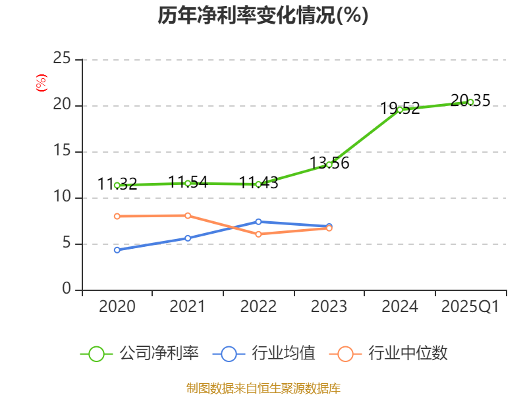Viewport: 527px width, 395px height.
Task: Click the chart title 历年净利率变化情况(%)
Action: tap(263, 16)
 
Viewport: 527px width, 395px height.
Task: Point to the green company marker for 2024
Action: tap(400, 109)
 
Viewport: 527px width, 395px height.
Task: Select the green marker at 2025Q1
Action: tap(470, 102)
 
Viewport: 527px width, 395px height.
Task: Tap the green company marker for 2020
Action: tap(117, 186)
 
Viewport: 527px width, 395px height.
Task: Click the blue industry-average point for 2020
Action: tap(117, 250)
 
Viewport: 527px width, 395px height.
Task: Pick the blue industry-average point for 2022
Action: tap(258, 222)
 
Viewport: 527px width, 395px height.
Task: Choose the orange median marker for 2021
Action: tap(188, 215)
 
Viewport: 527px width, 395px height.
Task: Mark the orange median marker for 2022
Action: tap(258, 234)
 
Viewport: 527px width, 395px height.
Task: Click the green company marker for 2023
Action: tap(329, 165)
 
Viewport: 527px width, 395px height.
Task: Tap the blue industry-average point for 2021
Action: tap(188, 238)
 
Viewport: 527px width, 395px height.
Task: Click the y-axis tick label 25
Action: tap(62, 59)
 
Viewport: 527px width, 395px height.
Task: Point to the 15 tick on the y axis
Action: tap(62, 151)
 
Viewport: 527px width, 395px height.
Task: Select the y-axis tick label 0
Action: tap(67, 290)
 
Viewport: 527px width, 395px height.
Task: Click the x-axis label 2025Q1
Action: tap(470, 307)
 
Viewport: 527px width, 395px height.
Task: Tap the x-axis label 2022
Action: tap(258, 307)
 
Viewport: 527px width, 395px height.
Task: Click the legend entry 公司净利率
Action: tap(158, 354)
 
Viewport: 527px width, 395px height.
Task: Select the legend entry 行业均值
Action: tap(283, 354)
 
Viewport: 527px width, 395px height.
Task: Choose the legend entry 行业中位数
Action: tap(408, 354)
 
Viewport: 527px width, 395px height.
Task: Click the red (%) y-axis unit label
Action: tap(42, 84)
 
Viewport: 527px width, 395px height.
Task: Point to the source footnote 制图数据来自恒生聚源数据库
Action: tap(263, 388)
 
